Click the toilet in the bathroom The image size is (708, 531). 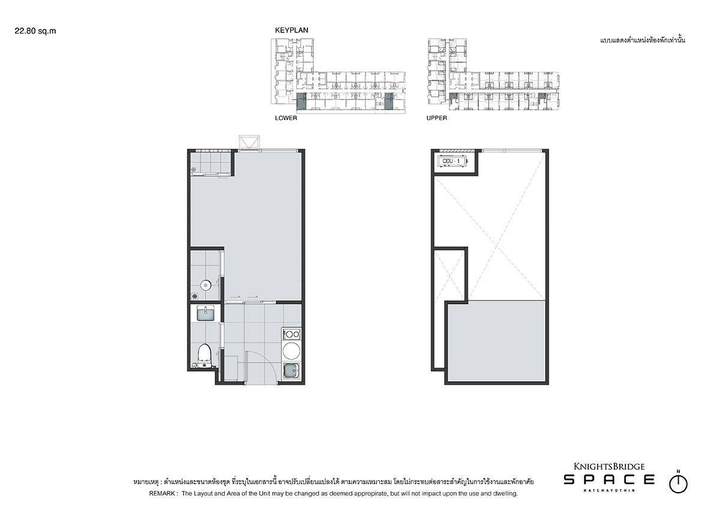[205, 355]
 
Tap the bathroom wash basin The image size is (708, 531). [206, 313]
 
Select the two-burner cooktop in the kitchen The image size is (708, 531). [291, 334]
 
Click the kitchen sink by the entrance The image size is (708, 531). [291, 371]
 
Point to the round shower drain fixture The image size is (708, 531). [206, 285]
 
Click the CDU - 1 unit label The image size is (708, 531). [451, 161]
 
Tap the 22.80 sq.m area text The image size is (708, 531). [35, 31]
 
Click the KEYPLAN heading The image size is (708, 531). [292, 30]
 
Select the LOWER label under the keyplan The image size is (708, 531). [287, 118]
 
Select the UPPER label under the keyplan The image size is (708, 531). [436, 118]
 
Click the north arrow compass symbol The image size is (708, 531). [678, 483]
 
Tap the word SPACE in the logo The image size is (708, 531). [609, 479]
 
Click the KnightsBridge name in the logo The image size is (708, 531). [609, 466]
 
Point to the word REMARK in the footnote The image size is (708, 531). [163, 493]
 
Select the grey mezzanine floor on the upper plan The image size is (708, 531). [497, 342]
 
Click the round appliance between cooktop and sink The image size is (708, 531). [291, 351]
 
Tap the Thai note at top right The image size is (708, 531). [643, 40]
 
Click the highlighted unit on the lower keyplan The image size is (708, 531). [301, 101]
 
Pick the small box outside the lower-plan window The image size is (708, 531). [249, 141]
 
